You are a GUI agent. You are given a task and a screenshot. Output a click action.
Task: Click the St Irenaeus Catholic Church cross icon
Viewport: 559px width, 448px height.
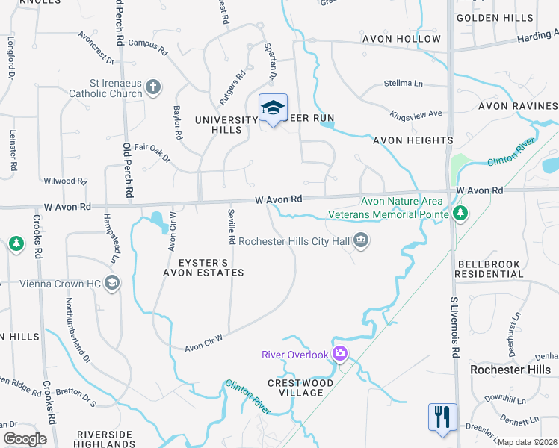(x=153, y=88)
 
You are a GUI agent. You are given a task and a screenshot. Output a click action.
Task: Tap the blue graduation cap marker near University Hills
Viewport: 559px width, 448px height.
(x=273, y=109)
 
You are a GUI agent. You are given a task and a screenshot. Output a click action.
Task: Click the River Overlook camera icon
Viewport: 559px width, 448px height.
(x=341, y=354)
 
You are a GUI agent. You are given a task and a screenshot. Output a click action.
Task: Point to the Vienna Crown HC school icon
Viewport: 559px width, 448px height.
(x=112, y=282)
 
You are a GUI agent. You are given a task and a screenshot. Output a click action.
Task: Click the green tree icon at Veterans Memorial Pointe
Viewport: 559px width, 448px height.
(x=460, y=214)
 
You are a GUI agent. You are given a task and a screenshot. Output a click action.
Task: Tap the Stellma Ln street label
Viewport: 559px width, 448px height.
(x=404, y=83)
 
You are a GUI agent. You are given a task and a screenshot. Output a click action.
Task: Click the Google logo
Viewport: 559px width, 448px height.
(x=25, y=439)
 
